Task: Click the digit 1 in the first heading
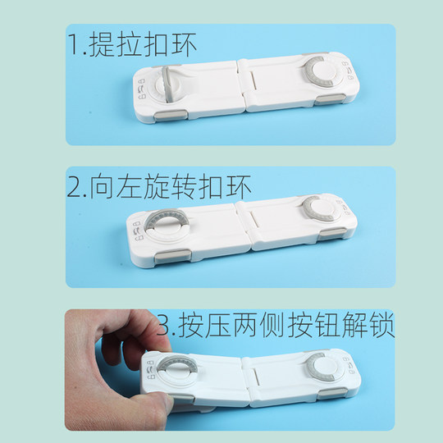[74, 46]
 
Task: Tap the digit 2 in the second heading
[75, 187]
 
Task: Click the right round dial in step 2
[317, 210]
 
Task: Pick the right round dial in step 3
[322, 367]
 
